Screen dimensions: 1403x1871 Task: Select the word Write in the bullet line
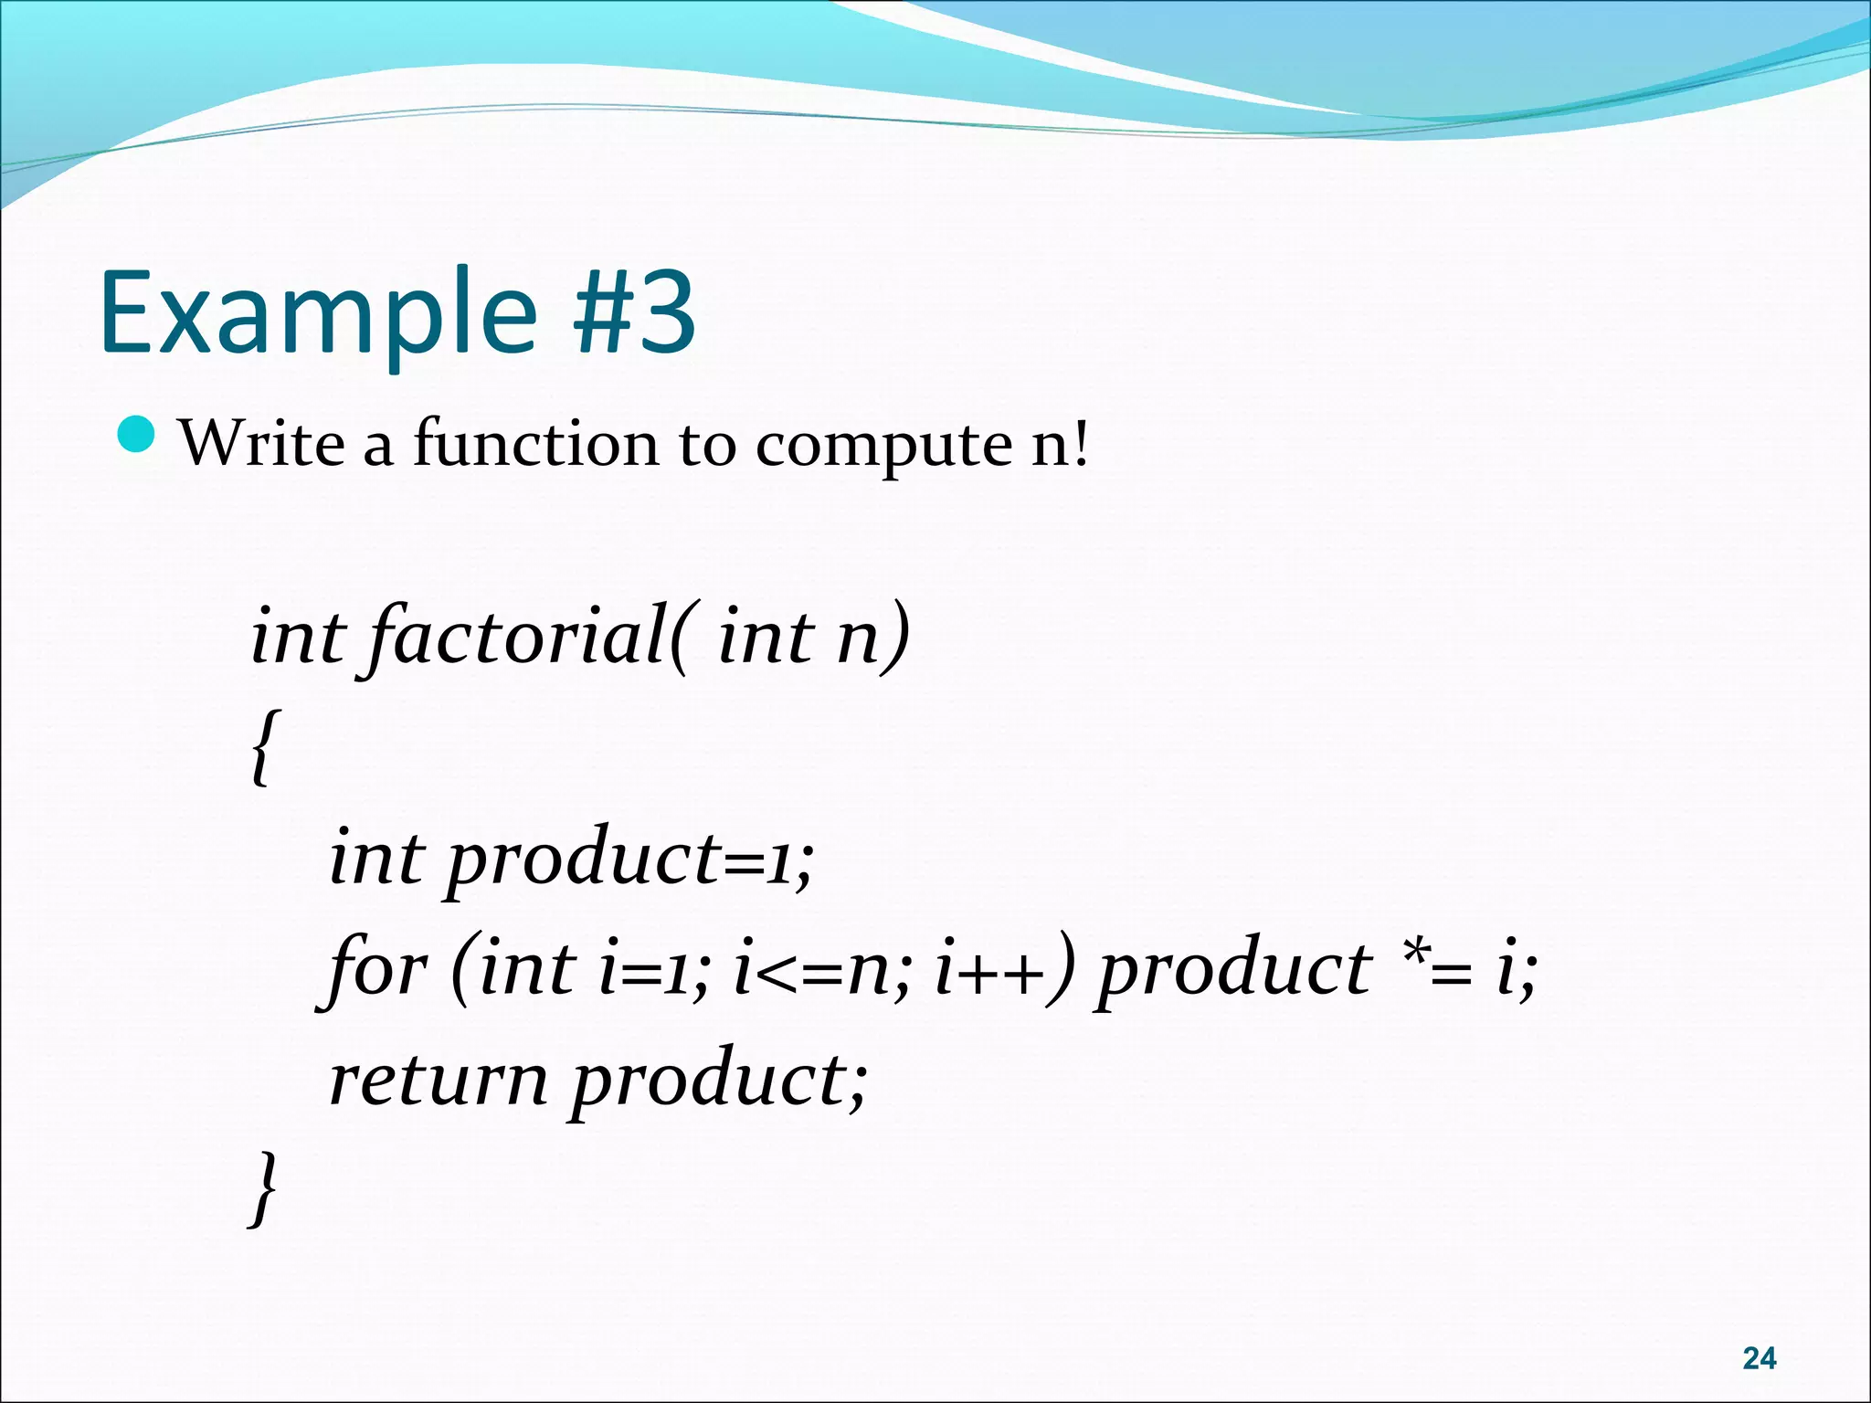(x=261, y=444)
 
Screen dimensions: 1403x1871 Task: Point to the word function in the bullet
(x=535, y=444)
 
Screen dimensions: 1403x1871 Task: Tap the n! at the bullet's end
(x=1060, y=444)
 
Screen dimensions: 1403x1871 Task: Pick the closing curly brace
(x=263, y=1187)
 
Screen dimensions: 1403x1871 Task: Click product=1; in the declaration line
(x=630, y=859)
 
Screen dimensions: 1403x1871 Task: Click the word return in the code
(x=439, y=1081)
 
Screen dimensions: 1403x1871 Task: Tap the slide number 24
(x=1759, y=1358)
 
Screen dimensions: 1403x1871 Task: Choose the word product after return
(x=718, y=1081)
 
